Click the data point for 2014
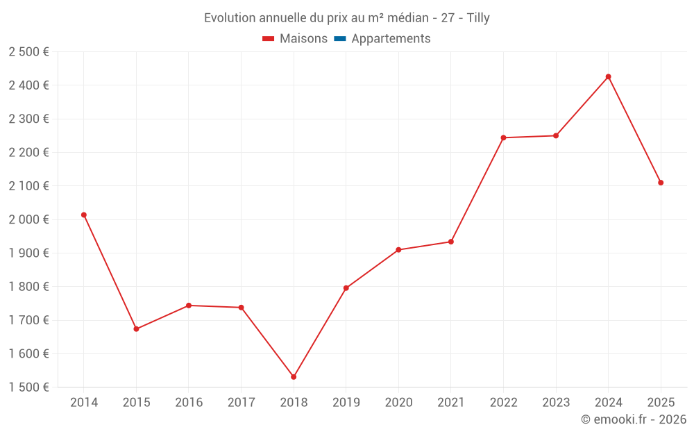(x=84, y=215)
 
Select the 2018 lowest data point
(x=294, y=377)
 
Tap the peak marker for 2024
(x=609, y=76)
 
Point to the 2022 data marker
(x=503, y=137)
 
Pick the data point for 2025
(x=661, y=183)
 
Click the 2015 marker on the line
(x=136, y=329)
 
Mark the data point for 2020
(x=398, y=250)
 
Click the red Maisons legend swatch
(x=269, y=39)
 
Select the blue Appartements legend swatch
(x=340, y=39)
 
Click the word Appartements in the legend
(x=391, y=39)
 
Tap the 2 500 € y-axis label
(x=28, y=52)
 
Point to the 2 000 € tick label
(x=28, y=219)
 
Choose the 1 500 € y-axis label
(x=28, y=387)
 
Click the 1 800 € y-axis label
(x=28, y=287)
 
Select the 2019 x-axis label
(x=346, y=403)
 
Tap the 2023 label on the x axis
(x=556, y=403)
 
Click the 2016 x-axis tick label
(x=189, y=403)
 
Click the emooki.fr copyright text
(x=634, y=419)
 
